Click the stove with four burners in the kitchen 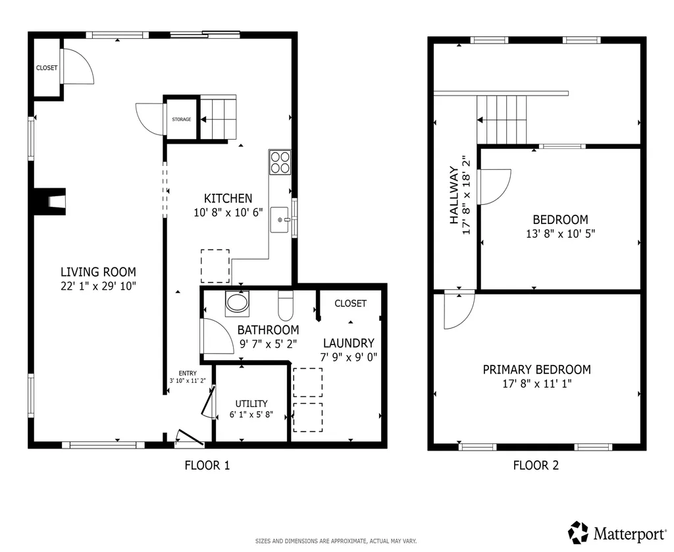[280, 162]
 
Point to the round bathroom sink [237, 304]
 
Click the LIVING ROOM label [98, 271]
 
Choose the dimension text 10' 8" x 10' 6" [228, 211]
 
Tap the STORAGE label [182, 119]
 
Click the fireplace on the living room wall [51, 202]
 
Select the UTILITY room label [251, 404]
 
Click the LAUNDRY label [348, 343]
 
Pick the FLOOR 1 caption [207, 466]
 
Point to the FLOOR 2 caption [536, 466]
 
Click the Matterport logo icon [579, 532]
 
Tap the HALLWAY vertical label [454, 195]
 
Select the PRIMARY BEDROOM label [536, 370]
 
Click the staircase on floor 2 [502, 119]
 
